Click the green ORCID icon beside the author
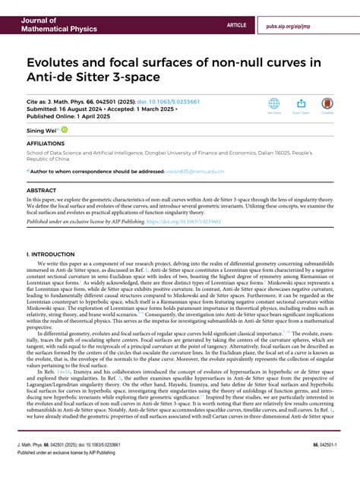coord(65,130)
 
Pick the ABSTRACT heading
coord(42,190)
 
